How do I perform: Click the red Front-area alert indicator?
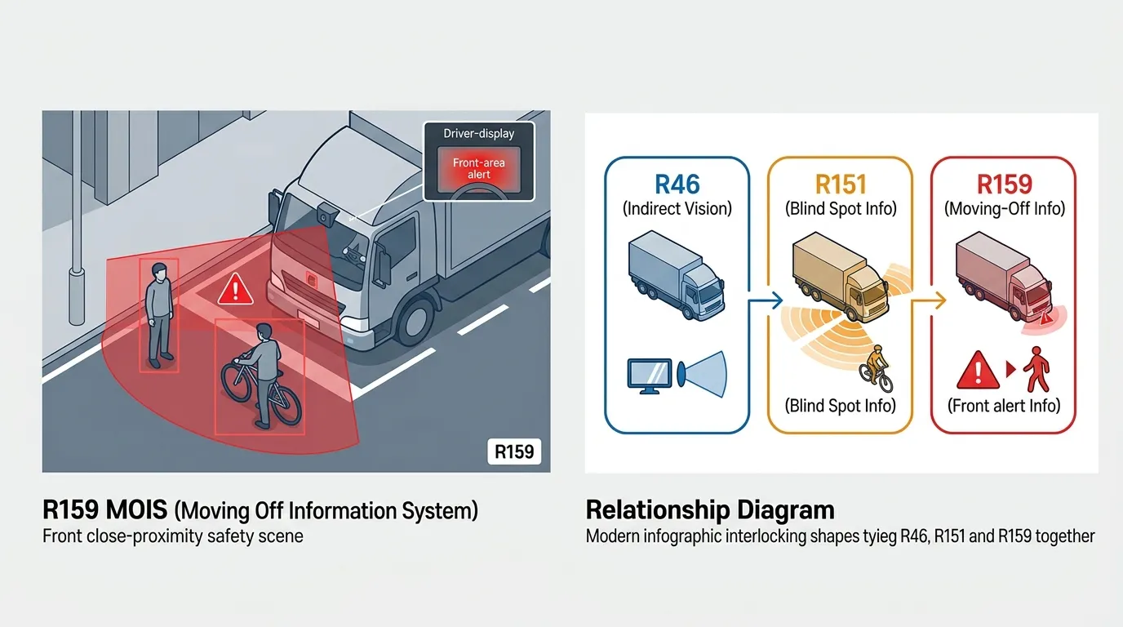[x=479, y=169]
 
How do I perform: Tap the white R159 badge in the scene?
[x=514, y=451]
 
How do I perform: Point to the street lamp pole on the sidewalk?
[x=77, y=204]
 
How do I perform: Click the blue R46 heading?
[x=677, y=184]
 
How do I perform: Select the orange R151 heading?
[x=840, y=184]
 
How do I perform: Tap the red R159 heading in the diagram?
[x=1004, y=184]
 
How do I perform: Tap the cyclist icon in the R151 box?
[x=876, y=368]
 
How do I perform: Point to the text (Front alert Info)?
[x=1004, y=405]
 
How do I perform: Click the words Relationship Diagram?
[x=710, y=510]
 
